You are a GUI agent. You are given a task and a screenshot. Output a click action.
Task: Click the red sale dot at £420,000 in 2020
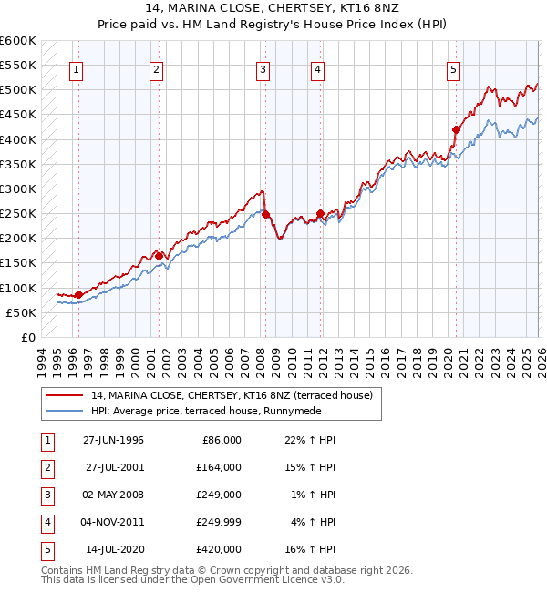[456, 129]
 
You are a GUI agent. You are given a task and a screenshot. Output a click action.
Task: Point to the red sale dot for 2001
[159, 256]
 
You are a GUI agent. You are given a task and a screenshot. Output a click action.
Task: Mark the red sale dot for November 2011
[320, 214]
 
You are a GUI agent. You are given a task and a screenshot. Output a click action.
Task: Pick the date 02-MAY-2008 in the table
[113, 495]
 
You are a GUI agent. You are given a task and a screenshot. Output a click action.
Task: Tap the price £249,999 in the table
[218, 522]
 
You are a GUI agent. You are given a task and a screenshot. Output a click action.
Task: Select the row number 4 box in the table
[45, 522]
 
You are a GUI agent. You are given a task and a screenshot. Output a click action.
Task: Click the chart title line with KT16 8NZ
[273, 10]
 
